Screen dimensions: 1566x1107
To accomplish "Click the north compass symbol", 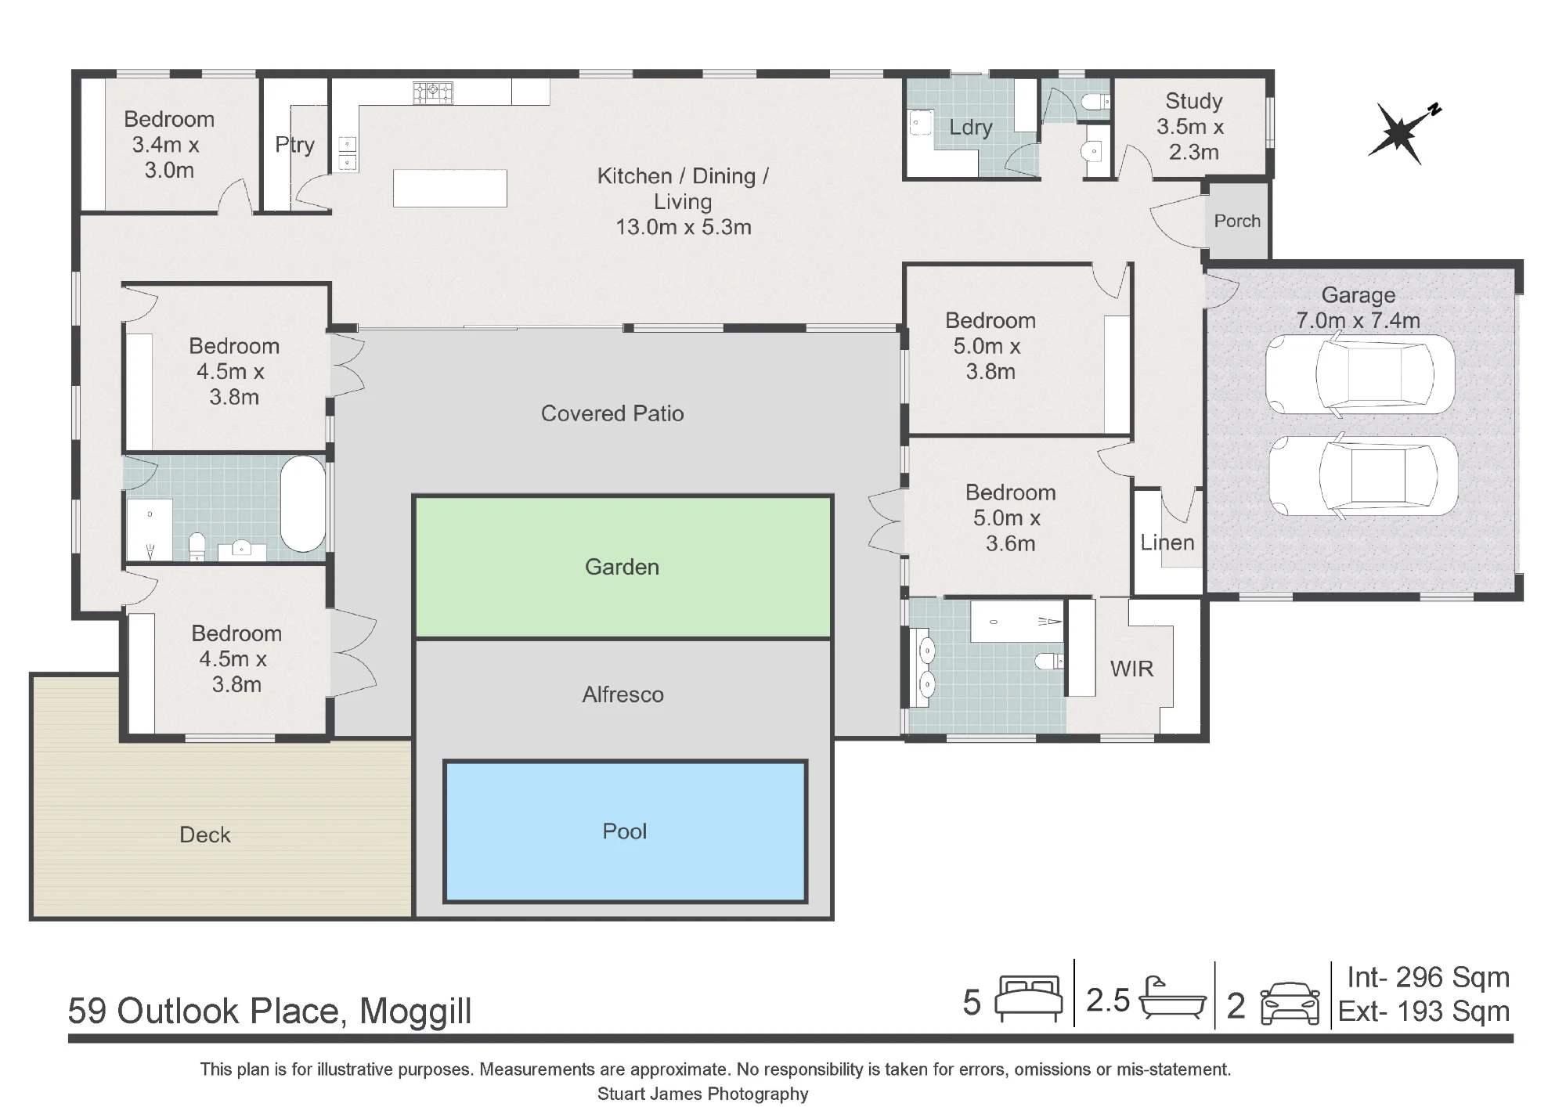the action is pos(1402,135).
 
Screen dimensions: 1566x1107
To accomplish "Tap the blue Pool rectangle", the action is pos(625,831).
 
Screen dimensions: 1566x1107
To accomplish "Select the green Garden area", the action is pos(622,567).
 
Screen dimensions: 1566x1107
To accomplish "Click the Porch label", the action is pos(1237,221).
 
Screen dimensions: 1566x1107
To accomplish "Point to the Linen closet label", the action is pos(1167,543).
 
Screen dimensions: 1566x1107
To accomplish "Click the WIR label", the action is pos(1131,669).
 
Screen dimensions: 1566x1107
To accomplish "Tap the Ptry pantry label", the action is pos(294,145).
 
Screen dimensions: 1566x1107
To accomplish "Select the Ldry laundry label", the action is pos(971,128).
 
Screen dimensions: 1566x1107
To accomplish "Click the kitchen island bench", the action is pos(450,188).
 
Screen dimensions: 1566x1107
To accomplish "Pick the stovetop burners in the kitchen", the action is pos(433,93).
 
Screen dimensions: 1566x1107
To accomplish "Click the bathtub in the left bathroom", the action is pos(303,504).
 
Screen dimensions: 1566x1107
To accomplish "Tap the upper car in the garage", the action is pos(1360,374).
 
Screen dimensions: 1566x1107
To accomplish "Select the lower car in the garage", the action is pos(1363,476).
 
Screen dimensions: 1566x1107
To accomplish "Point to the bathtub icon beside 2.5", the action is pos(1172,998).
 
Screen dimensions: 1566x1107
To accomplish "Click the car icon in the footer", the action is pos(1290,1003).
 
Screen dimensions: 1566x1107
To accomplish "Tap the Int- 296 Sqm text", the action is pos(1428,977).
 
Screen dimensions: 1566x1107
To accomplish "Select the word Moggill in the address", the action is pos(416,1011).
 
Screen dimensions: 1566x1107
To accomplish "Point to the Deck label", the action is pos(205,835).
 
